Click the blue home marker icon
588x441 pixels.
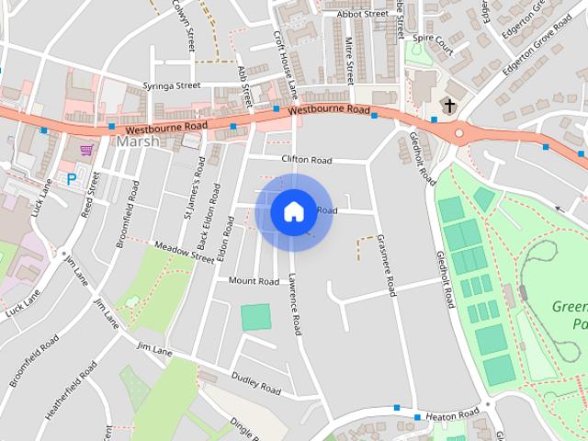pos(293,212)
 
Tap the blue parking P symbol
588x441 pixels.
pos(71,180)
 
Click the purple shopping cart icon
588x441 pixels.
pos(86,150)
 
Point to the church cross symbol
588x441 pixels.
pos(449,107)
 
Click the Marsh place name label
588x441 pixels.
pos(138,141)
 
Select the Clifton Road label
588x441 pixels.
pos(307,160)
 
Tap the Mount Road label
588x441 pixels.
pos(254,281)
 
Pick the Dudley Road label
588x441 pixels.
pos(255,383)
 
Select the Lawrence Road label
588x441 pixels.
pos(293,303)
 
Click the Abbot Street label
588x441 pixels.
pos(363,14)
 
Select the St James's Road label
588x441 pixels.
pos(194,188)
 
